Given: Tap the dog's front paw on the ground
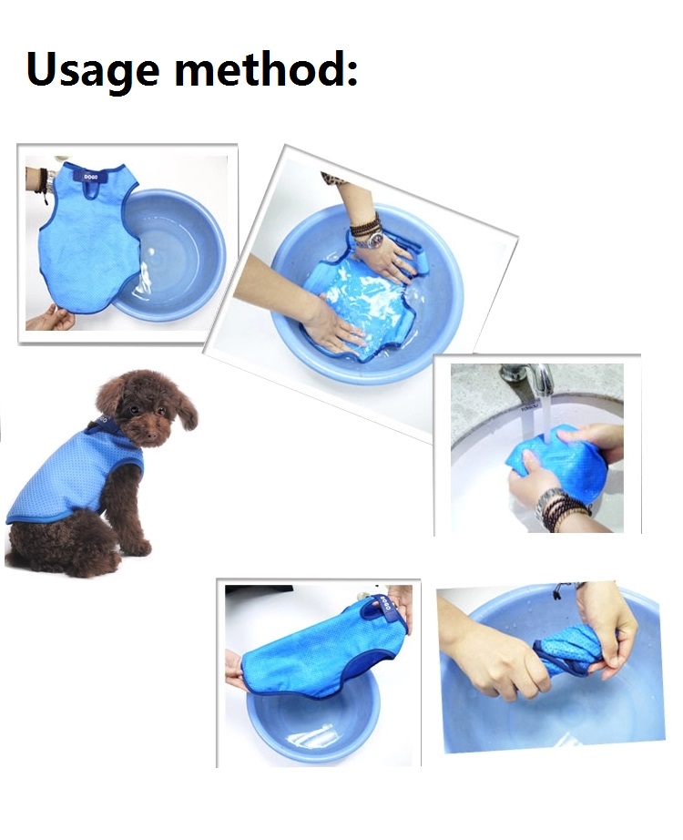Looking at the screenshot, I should click(137, 547).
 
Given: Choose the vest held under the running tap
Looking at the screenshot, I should click(546, 460).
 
